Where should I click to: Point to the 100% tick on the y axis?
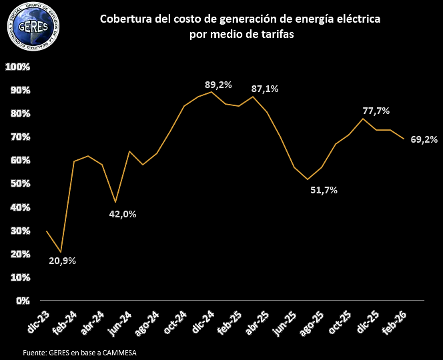[18, 67]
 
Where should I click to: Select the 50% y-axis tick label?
[20, 183]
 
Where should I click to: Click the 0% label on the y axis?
[23, 301]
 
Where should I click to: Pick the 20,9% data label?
[63, 261]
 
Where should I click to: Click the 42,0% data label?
[123, 214]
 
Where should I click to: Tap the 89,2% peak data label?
[218, 85]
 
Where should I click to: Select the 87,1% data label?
[265, 89]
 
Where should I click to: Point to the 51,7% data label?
[324, 190]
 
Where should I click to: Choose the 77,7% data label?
[376, 111]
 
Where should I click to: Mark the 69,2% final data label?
[424, 139]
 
